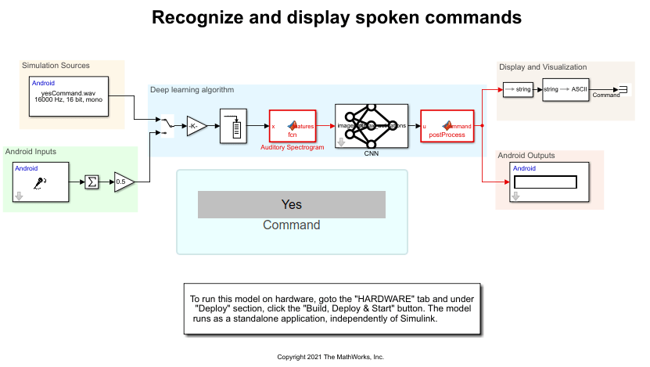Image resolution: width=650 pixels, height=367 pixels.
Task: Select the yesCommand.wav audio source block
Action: (69, 96)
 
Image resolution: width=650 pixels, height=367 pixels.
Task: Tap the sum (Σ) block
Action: (92, 182)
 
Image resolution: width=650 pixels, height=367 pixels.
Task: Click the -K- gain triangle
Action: (196, 125)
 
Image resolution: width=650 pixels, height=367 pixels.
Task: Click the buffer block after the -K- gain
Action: (234, 125)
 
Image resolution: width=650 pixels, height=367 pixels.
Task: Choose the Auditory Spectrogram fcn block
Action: (292, 125)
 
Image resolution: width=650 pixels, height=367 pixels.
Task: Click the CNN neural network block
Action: (371, 125)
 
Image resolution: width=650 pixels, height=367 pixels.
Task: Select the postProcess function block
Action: (447, 125)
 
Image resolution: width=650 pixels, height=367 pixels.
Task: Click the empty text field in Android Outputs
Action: (545, 182)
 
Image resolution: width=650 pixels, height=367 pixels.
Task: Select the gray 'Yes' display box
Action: (291, 204)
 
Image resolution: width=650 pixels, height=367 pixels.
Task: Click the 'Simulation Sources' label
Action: (56, 66)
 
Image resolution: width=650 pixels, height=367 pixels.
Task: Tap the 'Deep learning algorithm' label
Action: (192, 90)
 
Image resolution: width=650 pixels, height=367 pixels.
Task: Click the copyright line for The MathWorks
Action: (331, 357)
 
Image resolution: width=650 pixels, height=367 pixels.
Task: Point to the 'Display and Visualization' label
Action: (543, 67)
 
